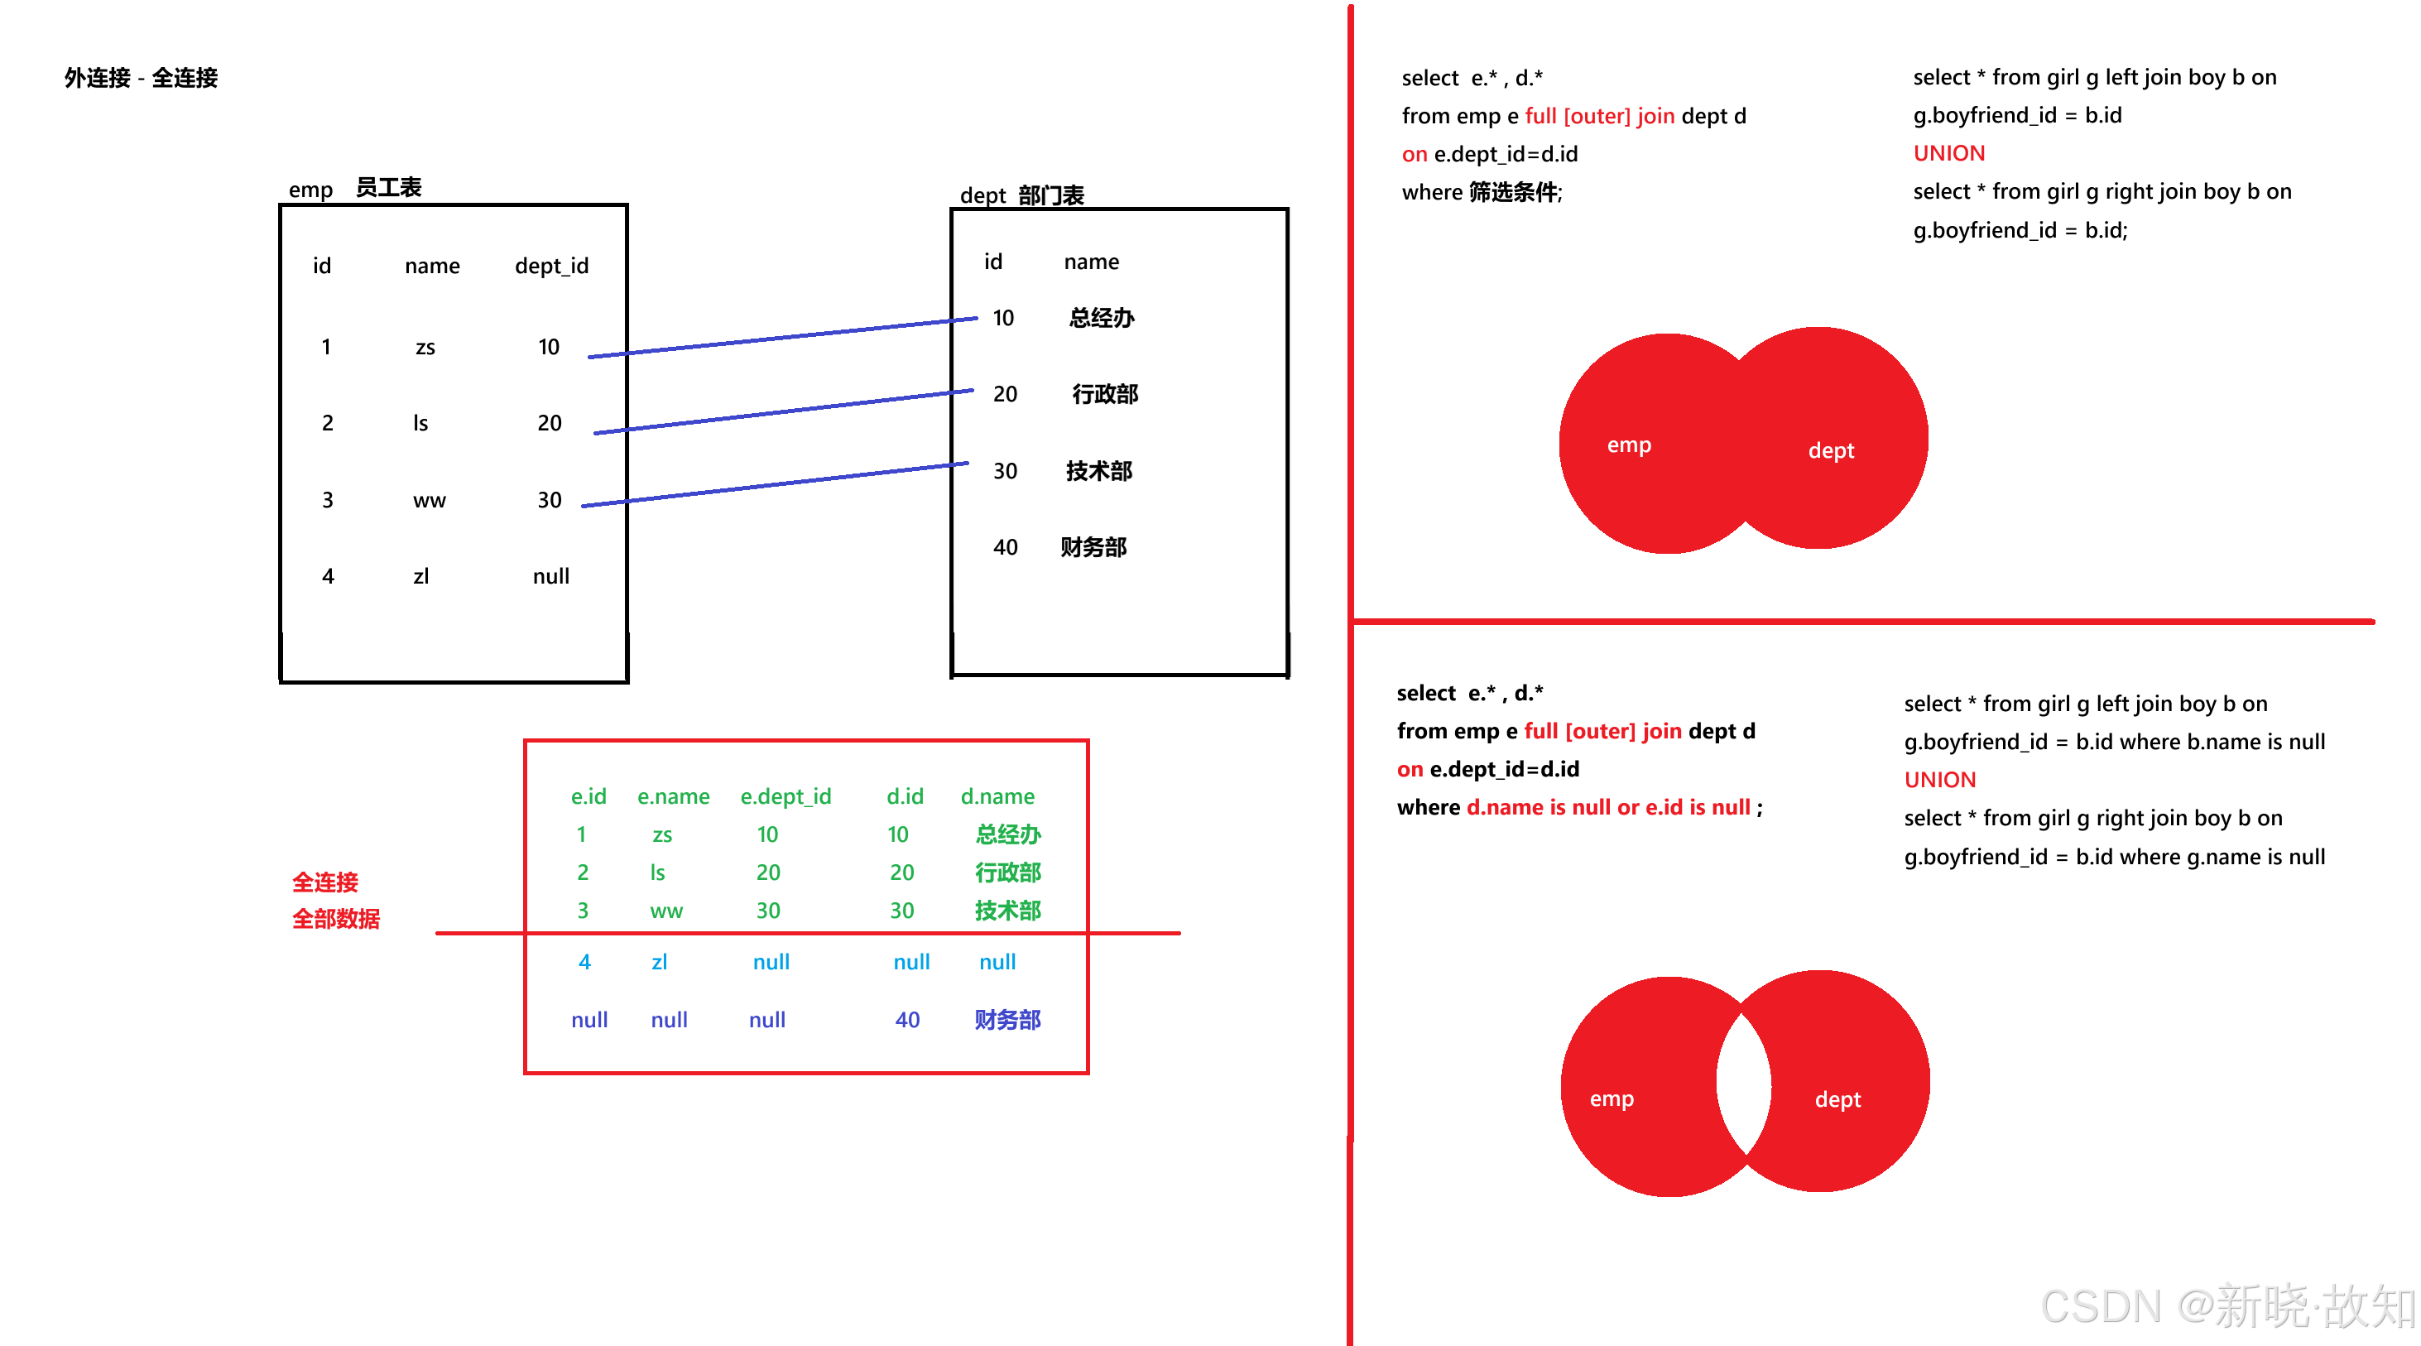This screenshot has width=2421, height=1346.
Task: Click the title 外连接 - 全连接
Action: (x=141, y=78)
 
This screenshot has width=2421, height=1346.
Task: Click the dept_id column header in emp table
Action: (x=552, y=266)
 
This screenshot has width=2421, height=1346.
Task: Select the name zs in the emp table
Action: (x=425, y=348)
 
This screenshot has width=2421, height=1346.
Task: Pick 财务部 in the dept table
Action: (x=1093, y=547)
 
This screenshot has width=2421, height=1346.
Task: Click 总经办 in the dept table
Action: (x=1102, y=318)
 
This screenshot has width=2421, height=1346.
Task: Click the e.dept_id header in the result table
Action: (x=785, y=797)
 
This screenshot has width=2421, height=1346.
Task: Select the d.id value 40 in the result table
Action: (x=907, y=1020)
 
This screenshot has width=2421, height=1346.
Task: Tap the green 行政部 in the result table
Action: (x=1007, y=873)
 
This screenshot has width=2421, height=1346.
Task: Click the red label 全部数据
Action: (x=335, y=919)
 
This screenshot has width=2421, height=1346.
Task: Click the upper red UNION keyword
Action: (x=1949, y=153)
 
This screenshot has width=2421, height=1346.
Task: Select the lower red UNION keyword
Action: (x=1940, y=780)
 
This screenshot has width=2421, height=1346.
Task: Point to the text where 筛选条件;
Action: (x=1482, y=193)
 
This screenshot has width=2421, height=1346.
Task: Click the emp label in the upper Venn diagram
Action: (x=1629, y=445)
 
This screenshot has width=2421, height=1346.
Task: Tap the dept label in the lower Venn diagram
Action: (x=1837, y=1100)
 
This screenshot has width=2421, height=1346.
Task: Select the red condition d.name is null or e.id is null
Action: (x=1608, y=807)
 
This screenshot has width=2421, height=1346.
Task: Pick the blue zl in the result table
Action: (x=659, y=963)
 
